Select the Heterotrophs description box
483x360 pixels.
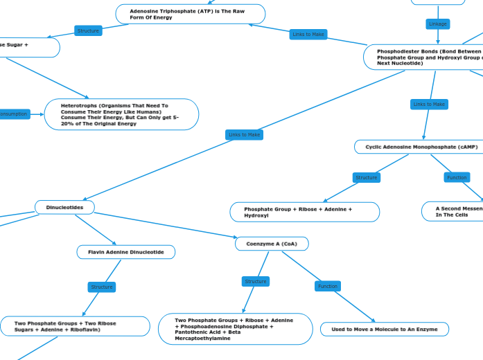[x=121, y=114]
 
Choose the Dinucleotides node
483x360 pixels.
[x=64, y=207]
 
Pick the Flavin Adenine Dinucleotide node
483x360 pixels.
[x=125, y=252]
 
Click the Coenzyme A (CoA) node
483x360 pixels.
[x=272, y=244]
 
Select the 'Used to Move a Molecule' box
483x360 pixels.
[x=384, y=329]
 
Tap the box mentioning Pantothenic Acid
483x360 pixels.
[x=236, y=329]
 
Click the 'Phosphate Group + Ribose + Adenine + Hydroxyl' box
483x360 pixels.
[x=304, y=212]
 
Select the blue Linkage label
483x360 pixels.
[x=438, y=24]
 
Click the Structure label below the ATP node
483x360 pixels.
[x=88, y=30]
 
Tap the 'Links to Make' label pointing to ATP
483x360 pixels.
[x=308, y=34]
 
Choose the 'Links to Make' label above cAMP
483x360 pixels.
[x=430, y=105]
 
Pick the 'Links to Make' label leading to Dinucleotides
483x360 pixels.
[x=244, y=134]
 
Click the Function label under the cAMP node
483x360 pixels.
[x=457, y=178]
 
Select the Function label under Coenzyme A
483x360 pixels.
[x=328, y=286]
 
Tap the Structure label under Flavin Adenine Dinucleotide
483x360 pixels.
[x=102, y=287]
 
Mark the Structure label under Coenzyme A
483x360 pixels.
[x=256, y=281]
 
